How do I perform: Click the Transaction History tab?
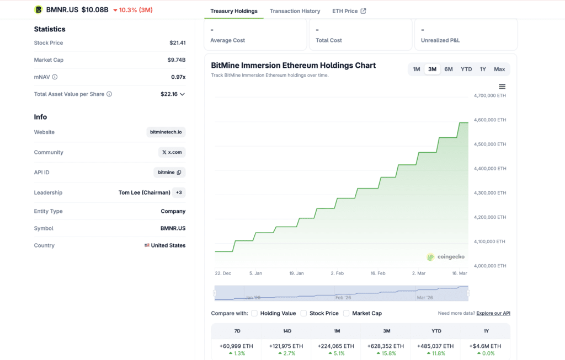295,11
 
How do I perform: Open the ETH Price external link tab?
349,11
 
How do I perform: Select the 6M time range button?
449,69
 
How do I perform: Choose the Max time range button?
499,69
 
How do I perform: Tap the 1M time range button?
417,69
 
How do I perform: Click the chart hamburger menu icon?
502,87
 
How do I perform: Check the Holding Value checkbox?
254,313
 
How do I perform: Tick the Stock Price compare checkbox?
303,313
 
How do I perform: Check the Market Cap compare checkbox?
346,313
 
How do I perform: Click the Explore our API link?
493,313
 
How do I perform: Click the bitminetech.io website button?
166,132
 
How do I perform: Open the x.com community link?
172,152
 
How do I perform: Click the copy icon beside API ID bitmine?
179,173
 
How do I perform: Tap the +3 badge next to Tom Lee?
179,192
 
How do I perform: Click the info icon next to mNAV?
55,77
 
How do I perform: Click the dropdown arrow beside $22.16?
183,94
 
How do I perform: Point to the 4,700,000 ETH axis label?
489,95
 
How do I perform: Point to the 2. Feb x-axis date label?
337,273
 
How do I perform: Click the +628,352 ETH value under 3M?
386,346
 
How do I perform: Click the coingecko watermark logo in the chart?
446,257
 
